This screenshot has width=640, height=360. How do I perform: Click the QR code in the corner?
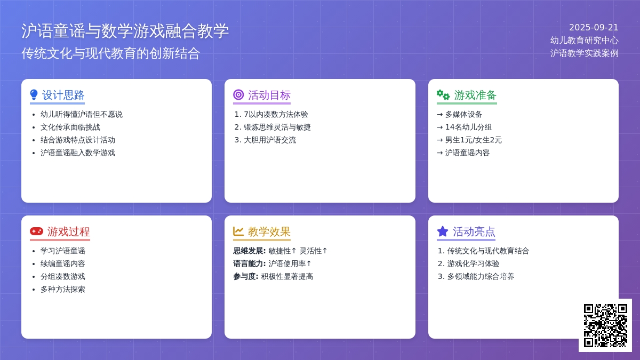pyautogui.click(x=605, y=325)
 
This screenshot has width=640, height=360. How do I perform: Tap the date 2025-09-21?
pyautogui.click(x=594, y=27)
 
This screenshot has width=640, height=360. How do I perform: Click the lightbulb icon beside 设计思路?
pyautogui.click(x=34, y=95)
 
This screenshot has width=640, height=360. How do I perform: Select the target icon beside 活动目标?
pyautogui.click(x=238, y=94)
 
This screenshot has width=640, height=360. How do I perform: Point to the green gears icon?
pyautogui.click(x=443, y=94)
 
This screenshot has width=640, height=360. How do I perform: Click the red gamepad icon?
pyautogui.click(x=36, y=231)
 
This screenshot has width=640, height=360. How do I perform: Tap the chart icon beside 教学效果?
pyautogui.click(x=238, y=231)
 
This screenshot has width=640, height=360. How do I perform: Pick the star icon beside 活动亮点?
pyautogui.click(x=442, y=231)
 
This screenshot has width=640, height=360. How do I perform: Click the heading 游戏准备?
pyautogui.click(x=475, y=95)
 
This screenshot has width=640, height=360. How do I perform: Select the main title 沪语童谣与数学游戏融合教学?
pyautogui.click(x=125, y=31)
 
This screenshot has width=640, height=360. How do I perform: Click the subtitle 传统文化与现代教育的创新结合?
pyautogui.click(x=110, y=53)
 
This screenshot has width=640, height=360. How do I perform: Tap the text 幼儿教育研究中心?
pyautogui.click(x=585, y=41)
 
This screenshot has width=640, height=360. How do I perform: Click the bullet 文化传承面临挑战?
pyautogui.click(x=70, y=127)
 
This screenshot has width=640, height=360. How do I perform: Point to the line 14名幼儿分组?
pyautogui.click(x=468, y=127)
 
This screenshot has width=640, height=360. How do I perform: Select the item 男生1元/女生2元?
pyautogui.click(x=473, y=140)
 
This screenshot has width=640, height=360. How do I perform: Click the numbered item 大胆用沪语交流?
pyautogui.click(x=270, y=140)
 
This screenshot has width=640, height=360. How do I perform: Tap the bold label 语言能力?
pyautogui.click(x=250, y=263)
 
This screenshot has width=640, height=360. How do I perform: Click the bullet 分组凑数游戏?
pyautogui.click(x=63, y=277)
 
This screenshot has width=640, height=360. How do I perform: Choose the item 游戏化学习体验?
pyautogui.click(x=473, y=263)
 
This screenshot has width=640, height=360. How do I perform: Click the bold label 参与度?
pyautogui.click(x=246, y=277)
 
